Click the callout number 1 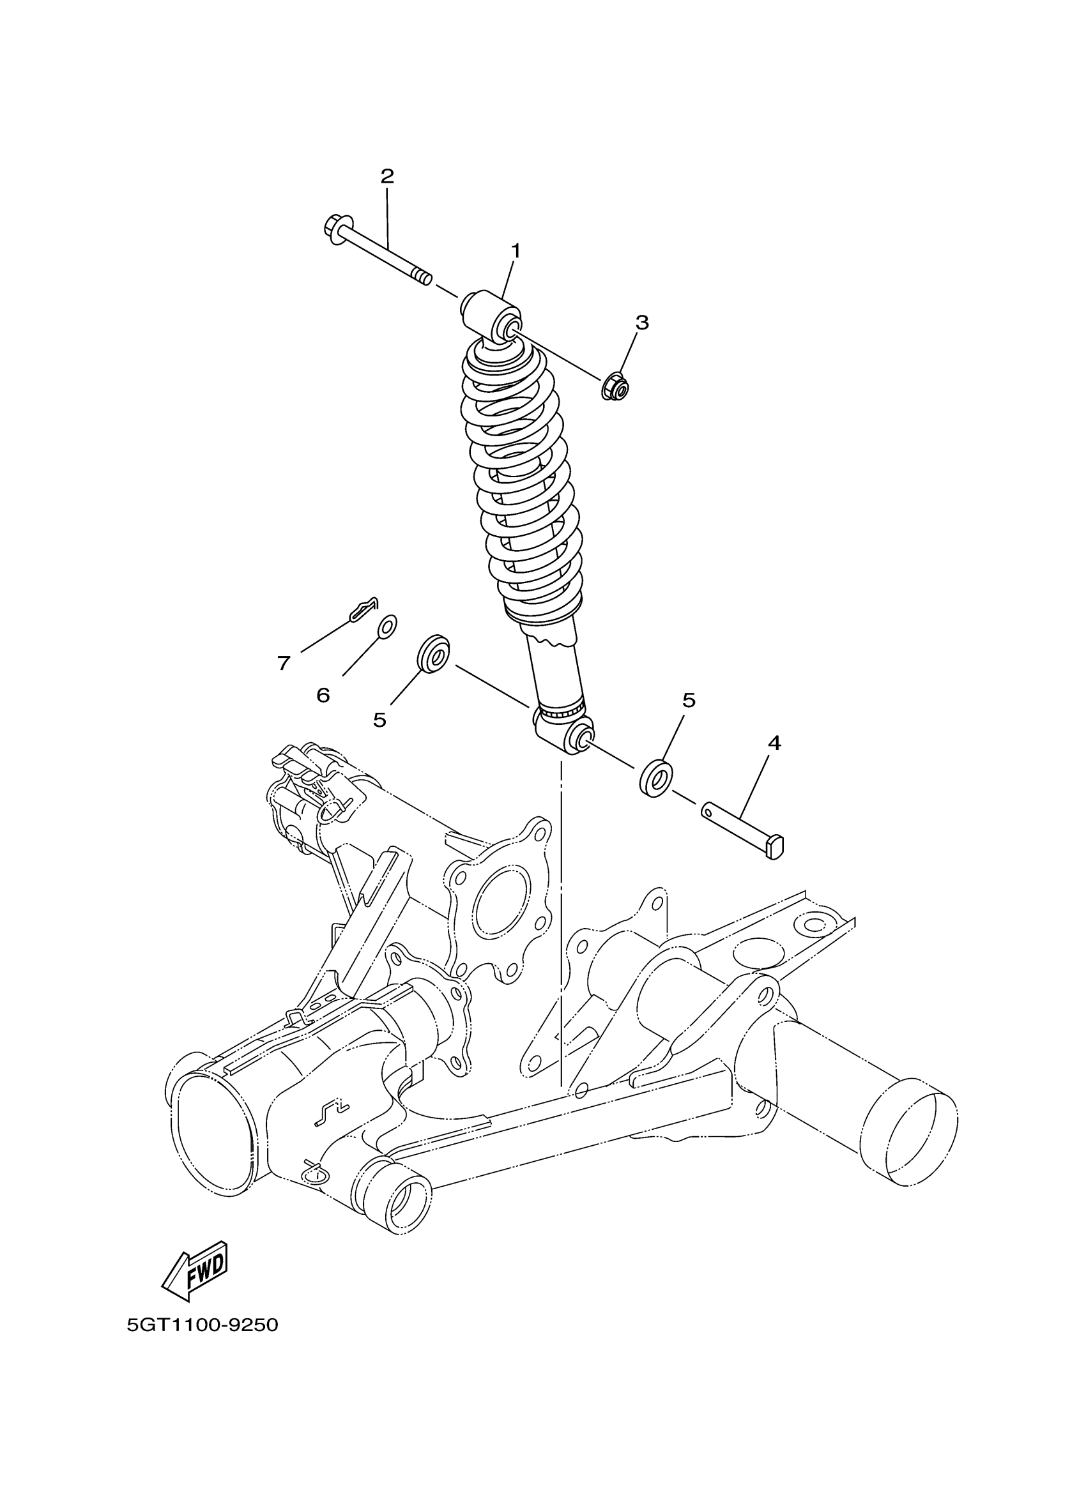(x=515, y=251)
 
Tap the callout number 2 (x=386, y=176)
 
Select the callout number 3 (x=642, y=323)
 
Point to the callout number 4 (x=774, y=743)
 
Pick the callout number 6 (x=323, y=695)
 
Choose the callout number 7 (x=284, y=663)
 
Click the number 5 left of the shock (x=379, y=720)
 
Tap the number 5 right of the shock (x=689, y=700)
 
